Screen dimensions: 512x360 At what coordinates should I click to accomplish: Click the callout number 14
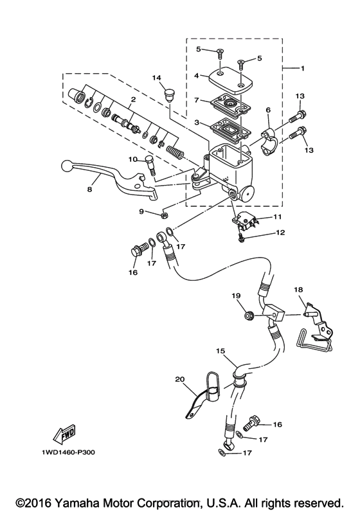click(x=156, y=78)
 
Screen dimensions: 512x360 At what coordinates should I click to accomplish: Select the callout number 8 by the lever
click(x=90, y=190)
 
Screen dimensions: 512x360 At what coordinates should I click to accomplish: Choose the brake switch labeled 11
click(x=245, y=220)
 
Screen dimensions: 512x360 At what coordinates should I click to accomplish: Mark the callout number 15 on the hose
click(x=220, y=352)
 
